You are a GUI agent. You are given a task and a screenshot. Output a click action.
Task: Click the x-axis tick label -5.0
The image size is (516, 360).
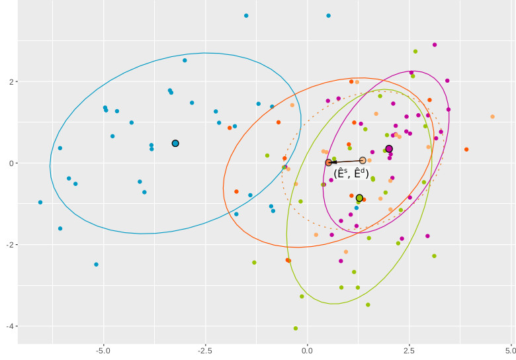click(103, 349)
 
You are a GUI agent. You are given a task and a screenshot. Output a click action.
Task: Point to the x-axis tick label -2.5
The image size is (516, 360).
click(204, 349)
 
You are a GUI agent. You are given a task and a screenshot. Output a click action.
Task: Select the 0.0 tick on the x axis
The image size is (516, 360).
click(307, 349)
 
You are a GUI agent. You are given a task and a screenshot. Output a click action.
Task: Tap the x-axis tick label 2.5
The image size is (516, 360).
click(409, 349)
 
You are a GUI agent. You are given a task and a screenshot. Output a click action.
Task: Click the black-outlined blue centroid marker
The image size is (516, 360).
click(175, 144)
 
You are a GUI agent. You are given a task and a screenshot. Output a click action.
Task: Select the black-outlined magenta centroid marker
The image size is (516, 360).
click(389, 149)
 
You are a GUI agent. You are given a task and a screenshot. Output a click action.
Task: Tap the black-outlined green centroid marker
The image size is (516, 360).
click(359, 198)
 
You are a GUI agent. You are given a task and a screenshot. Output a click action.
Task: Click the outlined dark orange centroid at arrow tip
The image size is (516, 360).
click(329, 163)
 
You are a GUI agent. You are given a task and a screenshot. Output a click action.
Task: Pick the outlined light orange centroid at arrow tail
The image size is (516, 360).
click(363, 160)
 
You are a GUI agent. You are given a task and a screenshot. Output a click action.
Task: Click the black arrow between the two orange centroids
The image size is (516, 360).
click(345, 161)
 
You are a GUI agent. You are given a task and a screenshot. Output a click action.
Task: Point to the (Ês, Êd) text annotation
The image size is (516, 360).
click(351, 174)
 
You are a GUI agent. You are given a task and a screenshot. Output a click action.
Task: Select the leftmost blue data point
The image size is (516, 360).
click(40, 202)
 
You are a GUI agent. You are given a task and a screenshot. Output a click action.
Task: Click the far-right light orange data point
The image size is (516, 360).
click(492, 116)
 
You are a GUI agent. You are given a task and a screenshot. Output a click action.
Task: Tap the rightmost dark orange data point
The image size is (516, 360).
click(466, 150)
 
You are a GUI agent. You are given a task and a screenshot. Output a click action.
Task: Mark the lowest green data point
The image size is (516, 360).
click(296, 328)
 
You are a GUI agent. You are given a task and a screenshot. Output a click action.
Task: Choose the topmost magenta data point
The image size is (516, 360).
click(435, 45)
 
